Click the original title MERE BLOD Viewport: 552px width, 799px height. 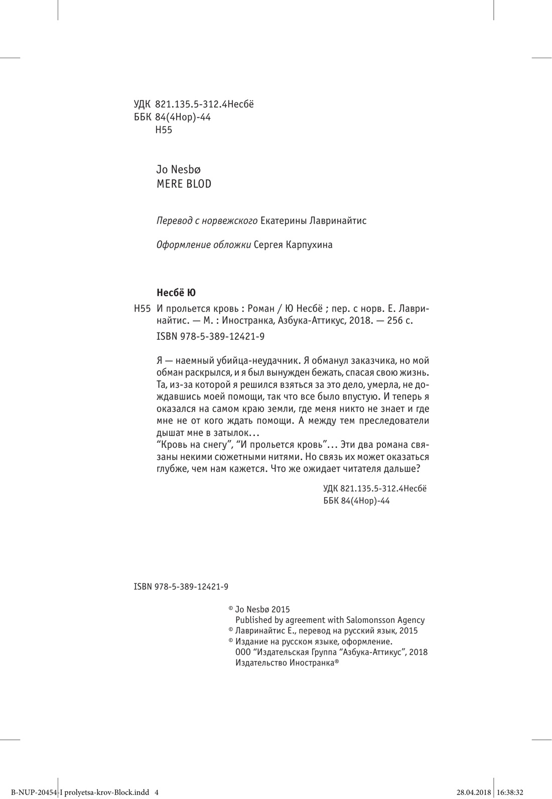(184, 184)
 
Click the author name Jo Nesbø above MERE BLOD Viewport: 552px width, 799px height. (179, 169)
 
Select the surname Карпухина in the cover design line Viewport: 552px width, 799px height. (309, 245)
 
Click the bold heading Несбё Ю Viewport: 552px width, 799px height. (176, 292)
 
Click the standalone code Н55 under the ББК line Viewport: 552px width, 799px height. (164, 130)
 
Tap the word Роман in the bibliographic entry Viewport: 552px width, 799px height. (251, 307)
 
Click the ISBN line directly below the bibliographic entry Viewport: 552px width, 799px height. (211, 337)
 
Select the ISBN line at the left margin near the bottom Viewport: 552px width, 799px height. (181, 586)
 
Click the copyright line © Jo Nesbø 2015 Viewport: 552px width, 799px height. (259, 609)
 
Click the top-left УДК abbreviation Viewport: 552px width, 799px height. (143, 105)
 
